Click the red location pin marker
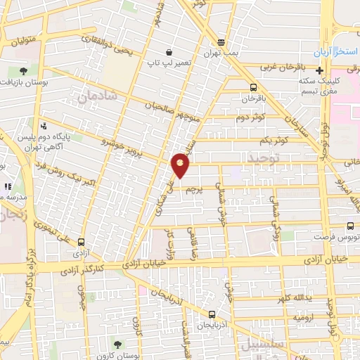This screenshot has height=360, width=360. point(181,165)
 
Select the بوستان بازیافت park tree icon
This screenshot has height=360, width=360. point(24,71)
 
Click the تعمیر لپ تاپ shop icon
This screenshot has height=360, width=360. point(169,52)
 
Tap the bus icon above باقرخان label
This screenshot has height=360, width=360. point(253,87)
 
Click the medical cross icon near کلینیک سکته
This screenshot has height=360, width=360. point(320,70)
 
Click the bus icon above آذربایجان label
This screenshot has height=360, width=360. point(212,314)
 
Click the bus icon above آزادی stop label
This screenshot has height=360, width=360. point(82,240)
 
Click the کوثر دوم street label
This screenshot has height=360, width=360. point(250,117)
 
